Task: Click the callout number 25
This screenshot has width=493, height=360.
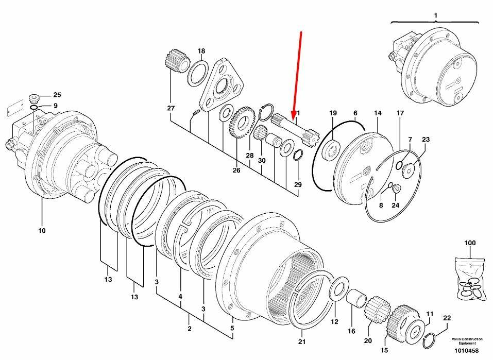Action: pyautogui.click(x=57, y=95)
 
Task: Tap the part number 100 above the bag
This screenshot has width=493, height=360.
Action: pyautogui.click(x=470, y=243)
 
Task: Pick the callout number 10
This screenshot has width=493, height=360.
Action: pyautogui.click(x=42, y=230)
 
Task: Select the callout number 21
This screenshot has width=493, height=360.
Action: pyautogui.click(x=302, y=341)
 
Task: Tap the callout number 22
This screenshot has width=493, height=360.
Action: pyautogui.click(x=447, y=318)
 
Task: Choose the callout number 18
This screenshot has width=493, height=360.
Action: pyautogui.click(x=201, y=51)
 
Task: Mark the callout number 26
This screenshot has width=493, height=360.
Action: pyautogui.click(x=236, y=170)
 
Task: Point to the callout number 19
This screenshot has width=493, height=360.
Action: pyautogui.click(x=333, y=113)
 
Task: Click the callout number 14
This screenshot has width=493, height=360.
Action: pyautogui.click(x=378, y=113)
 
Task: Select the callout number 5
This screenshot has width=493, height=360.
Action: pyautogui.click(x=232, y=328)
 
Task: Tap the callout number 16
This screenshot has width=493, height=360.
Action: pyautogui.click(x=351, y=331)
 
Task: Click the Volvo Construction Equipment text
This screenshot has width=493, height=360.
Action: pyautogui.click(x=467, y=341)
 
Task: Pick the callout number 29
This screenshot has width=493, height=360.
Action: pyautogui.click(x=298, y=184)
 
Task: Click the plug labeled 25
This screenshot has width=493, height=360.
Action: pyautogui.click(x=33, y=99)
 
